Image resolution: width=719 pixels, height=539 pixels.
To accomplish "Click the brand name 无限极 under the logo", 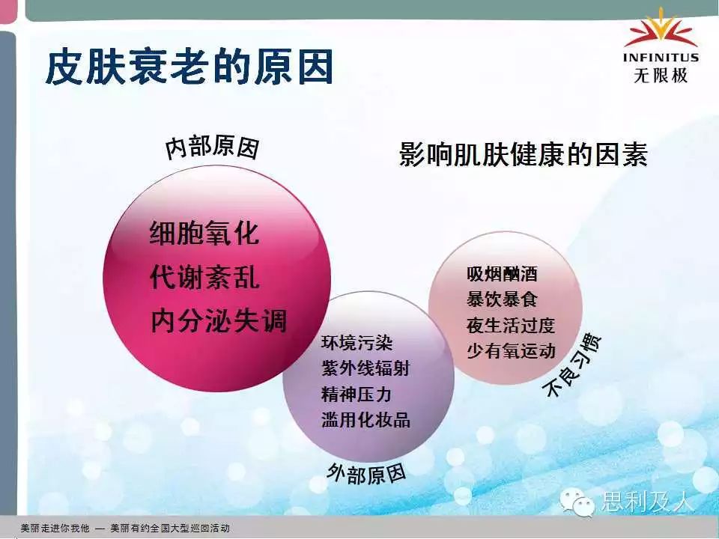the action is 661,75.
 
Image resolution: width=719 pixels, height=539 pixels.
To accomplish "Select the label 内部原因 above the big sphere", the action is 212,147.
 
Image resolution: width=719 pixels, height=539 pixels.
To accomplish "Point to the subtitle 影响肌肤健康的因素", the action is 524,154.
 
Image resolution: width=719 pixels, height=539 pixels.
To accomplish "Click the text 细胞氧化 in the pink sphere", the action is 204,233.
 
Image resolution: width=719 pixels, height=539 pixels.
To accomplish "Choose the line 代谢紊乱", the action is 204,276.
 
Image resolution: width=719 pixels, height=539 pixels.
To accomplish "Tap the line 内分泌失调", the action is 219,320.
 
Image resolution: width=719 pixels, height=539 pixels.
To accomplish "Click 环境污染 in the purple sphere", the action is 357,342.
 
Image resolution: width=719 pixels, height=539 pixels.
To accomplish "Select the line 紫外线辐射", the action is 365,368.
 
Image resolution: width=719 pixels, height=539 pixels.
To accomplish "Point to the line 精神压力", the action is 357,395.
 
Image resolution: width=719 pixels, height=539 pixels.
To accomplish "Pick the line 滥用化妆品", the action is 366,420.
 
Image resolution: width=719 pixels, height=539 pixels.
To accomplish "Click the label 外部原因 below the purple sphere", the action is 366,473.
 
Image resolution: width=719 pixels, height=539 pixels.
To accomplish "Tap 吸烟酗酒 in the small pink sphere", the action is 502,274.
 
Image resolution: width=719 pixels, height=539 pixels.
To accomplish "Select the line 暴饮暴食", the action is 502,299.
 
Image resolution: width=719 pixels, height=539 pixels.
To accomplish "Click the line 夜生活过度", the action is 511,326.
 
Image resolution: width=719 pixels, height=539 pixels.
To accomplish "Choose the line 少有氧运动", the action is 511,351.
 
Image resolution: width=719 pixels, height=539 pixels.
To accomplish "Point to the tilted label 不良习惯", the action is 571,365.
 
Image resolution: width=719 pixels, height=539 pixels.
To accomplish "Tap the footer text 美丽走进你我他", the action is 55,528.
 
